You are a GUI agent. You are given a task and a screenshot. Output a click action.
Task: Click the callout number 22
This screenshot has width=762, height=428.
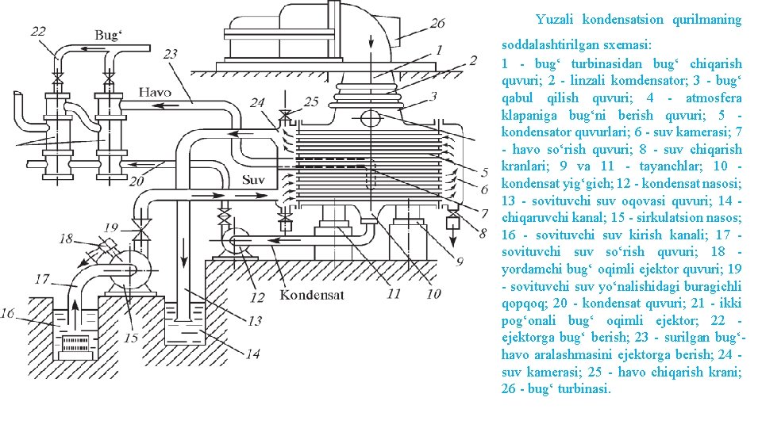38,31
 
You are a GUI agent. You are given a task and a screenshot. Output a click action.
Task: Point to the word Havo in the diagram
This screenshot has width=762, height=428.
155,92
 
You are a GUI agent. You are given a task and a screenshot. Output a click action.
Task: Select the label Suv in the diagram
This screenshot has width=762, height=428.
253,178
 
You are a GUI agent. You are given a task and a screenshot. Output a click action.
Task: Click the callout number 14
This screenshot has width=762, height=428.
252,354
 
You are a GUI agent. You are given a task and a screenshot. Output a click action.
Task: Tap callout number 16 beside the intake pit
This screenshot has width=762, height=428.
7,314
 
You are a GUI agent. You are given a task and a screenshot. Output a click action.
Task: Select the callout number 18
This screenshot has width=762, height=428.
65,238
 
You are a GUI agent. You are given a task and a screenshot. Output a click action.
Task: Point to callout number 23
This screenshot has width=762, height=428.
170,54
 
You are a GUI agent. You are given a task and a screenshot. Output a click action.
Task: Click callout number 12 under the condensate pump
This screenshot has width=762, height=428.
257,298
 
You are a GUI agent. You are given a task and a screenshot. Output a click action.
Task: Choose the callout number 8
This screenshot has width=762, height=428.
483,233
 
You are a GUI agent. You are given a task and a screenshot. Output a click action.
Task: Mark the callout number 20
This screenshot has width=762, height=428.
137,182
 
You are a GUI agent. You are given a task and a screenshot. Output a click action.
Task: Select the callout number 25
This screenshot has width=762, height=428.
310,101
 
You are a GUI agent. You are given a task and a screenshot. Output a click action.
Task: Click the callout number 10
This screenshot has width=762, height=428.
433,294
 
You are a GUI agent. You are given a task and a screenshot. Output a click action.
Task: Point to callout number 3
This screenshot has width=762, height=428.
433,97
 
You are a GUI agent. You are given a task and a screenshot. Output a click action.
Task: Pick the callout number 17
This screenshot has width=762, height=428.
42,279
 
